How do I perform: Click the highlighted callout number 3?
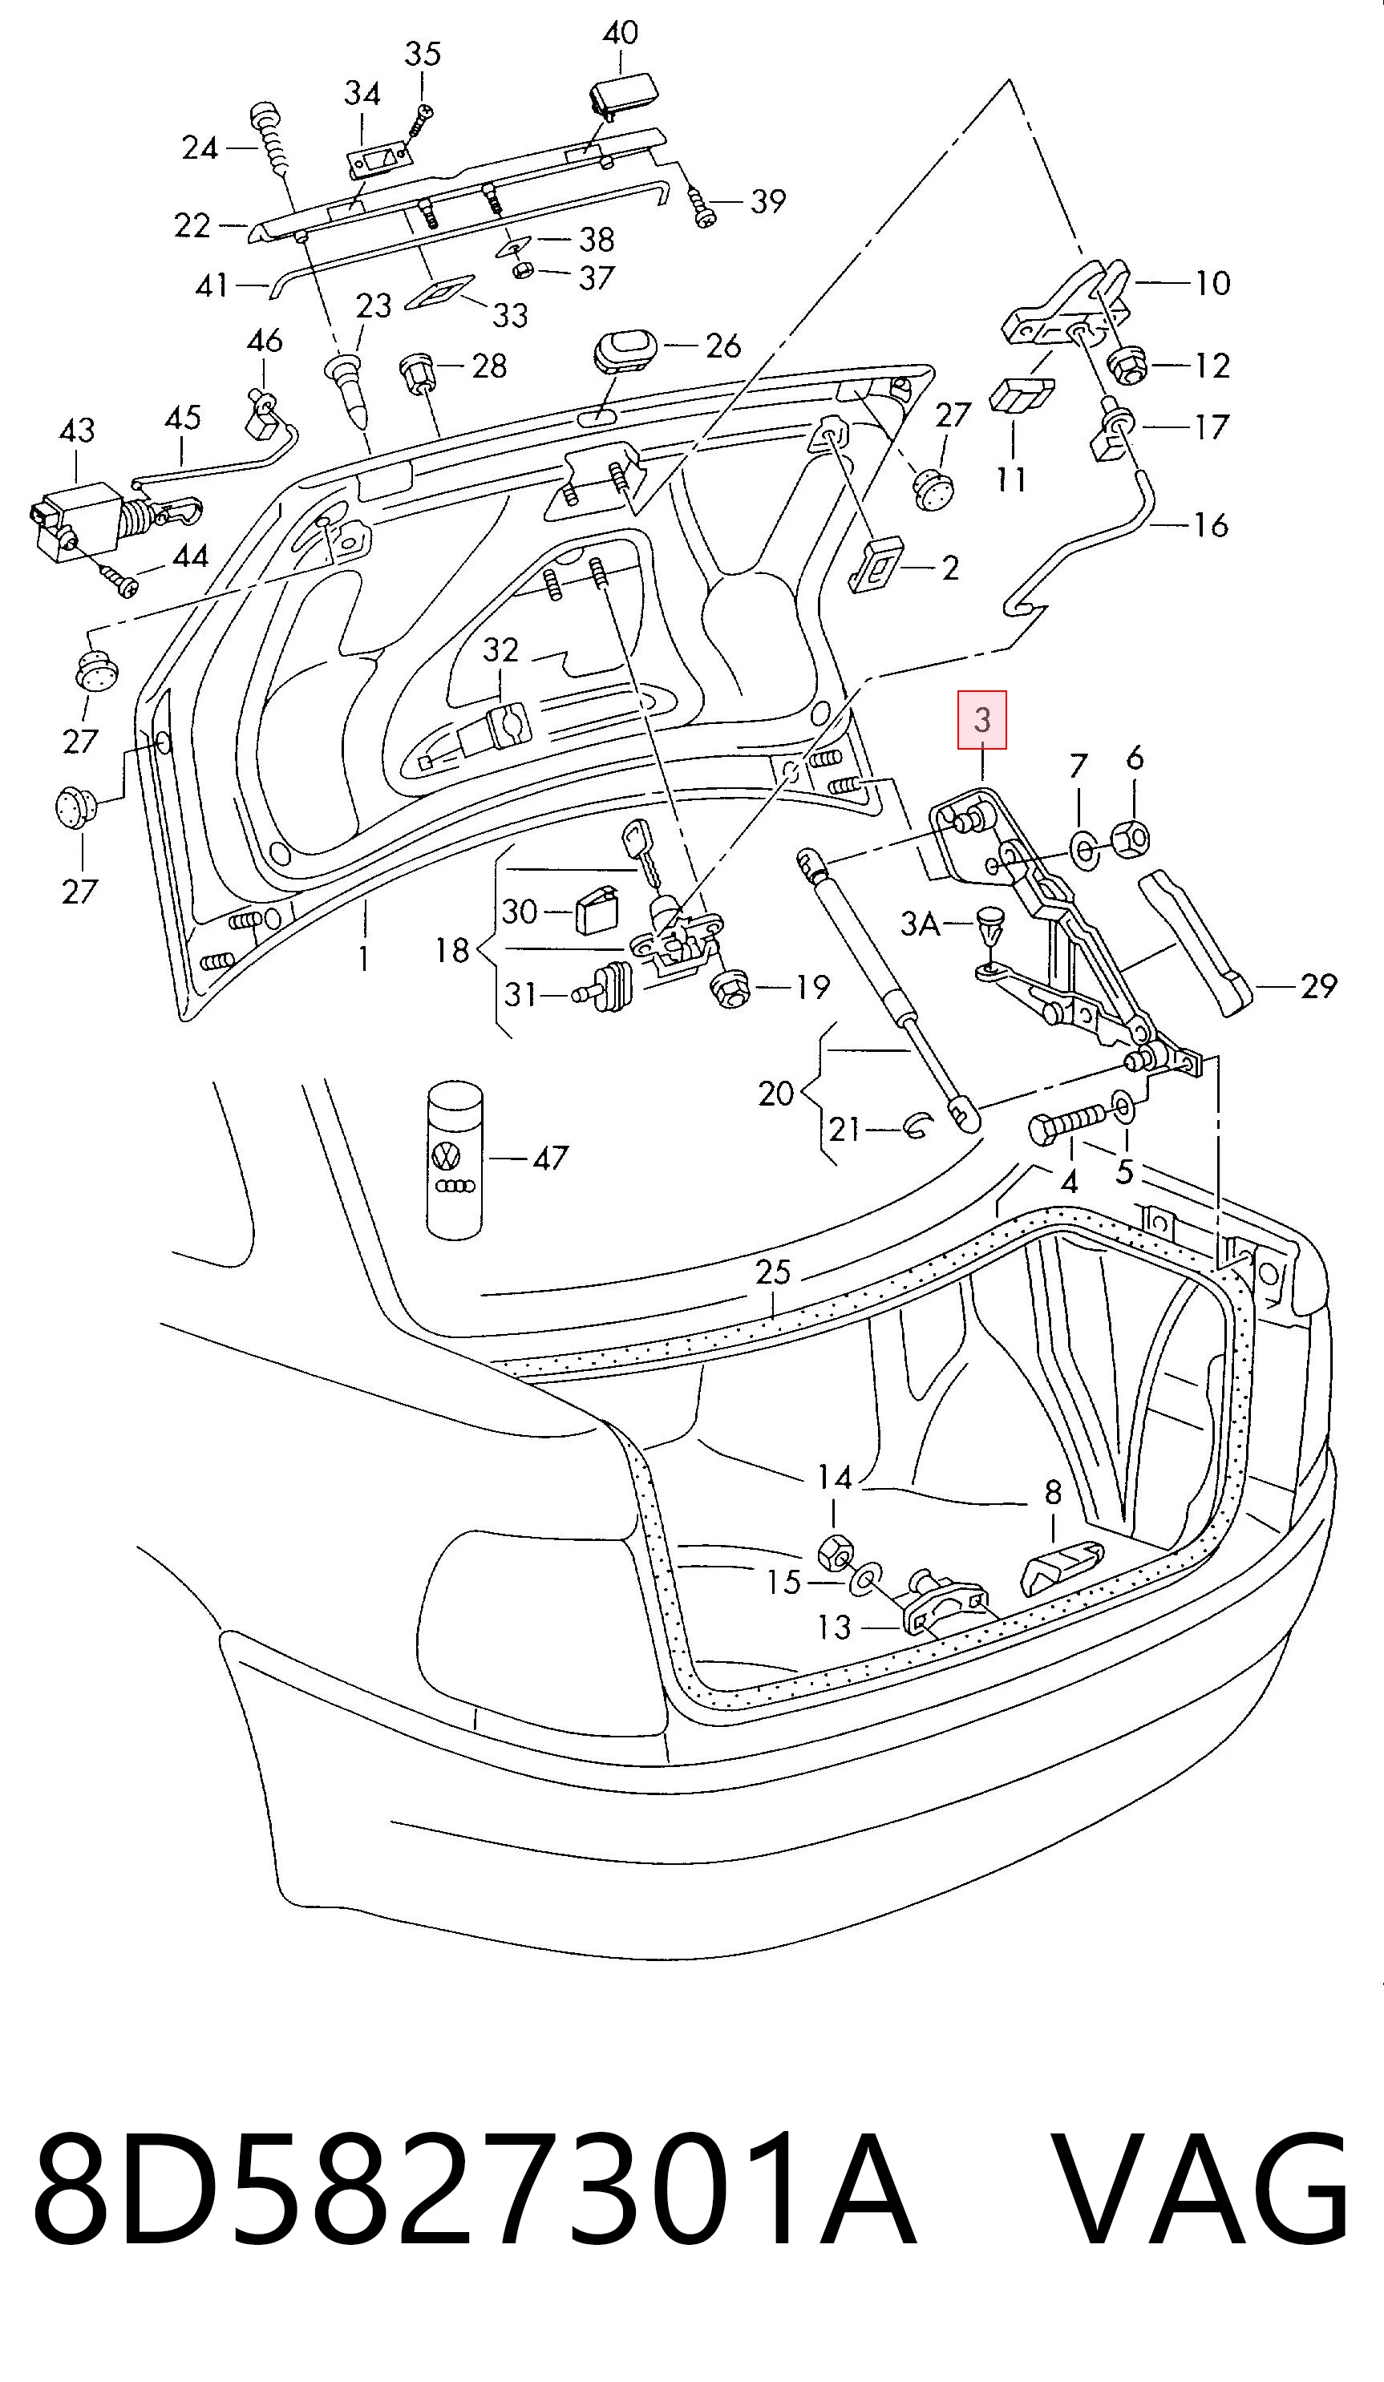coord(982,719)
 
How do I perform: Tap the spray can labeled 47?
coord(455,1160)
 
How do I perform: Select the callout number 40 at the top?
coord(620,32)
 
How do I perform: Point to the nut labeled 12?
coord(1126,364)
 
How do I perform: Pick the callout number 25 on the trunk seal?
coord(772,1272)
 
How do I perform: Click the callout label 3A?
coord(920,923)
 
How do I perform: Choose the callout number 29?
coord(1319,986)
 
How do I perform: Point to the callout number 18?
coord(452,949)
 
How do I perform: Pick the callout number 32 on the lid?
coord(501,649)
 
